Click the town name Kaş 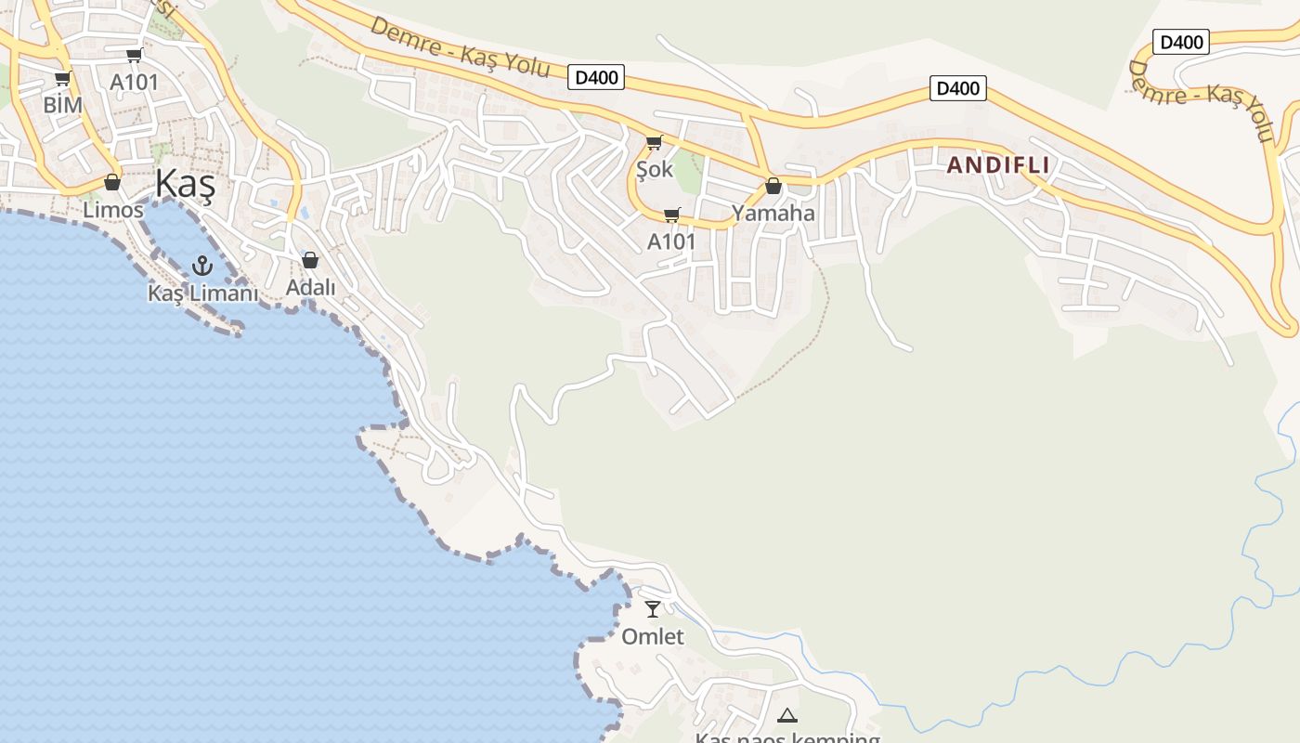[x=185, y=185]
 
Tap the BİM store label [x=63, y=105]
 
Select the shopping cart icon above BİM [x=63, y=79]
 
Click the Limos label [x=113, y=210]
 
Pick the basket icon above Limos [x=112, y=182]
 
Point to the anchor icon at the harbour [x=201, y=267]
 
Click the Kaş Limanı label [x=202, y=293]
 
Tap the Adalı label [x=310, y=288]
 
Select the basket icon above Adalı [x=310, y=260]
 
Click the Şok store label [x=655, y=170]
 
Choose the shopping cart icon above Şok [x=655, y=143]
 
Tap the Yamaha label [x=773, y=214]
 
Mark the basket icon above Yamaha [x=773, y=187]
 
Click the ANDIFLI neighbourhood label [x=998, y=165]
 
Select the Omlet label [x=653, y=637]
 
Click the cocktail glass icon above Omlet [x=653, y=609]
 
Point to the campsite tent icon [x=787, y=715]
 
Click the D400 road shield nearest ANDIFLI [x=957, y=88]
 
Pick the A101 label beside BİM [x=135, y=82]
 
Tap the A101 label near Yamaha [x=671, y=241]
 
